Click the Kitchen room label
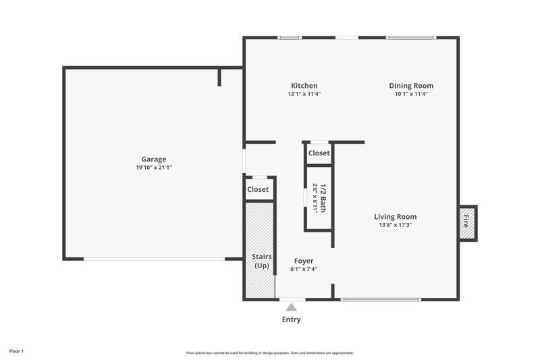click(x=304, y=86)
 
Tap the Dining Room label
click(x=411, y=86)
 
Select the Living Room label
click(x=396, y=217)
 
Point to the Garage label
click(x=154, y=159)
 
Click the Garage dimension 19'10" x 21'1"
click(x=154, y=168)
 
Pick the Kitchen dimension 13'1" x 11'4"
click(x=304, y=94)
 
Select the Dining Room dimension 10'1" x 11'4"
click(x=411, y=94)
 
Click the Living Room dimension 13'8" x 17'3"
click(x=396, y=225)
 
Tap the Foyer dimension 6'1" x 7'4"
click(x=304, y=269)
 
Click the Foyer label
click(x=304, y=261)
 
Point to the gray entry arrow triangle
click(x=291, y=307)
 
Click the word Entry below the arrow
click(x=291, y=319)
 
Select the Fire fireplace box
click(x=466, y=221)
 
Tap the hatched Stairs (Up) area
click(x=259, y=250)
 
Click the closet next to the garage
click(x=258, y=190)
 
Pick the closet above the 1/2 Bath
click(x=319, y=153)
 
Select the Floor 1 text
click(x=16, y=351)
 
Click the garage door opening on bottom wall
click(x=154, y=259)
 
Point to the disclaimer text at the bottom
click(x=270, y=353)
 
